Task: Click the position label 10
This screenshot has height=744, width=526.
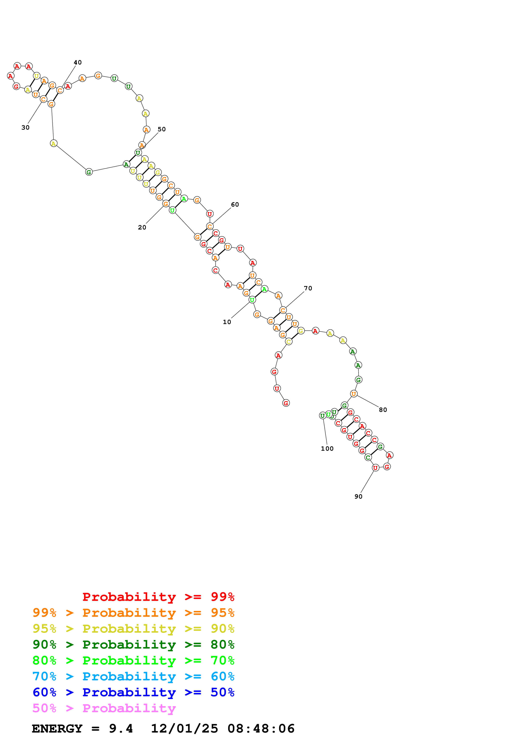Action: [227, 322]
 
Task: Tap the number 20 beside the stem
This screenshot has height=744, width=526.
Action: [142, 228]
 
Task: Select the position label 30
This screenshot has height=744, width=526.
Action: [25, 128]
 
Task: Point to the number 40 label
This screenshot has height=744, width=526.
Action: [78, 63]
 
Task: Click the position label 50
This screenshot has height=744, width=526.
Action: [162, 129]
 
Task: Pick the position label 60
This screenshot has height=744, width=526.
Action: [235, 204]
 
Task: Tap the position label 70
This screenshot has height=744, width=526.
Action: [308, 288]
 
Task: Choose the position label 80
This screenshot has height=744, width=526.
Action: [383, 410]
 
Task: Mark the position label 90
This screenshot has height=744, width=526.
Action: [358, 496]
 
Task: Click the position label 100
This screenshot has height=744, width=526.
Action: [327, 449]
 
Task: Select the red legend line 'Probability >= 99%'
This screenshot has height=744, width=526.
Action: [159, 597]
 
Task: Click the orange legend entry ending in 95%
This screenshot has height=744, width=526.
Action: [133, 613]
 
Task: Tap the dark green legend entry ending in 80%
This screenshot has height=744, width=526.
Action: [133, 645]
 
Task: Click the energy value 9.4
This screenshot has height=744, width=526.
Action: [121, 729]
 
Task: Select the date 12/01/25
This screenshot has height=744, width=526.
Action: [184, 729]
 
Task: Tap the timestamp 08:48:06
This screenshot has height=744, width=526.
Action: [261, 729]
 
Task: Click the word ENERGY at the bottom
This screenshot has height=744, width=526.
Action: [57, 729]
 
